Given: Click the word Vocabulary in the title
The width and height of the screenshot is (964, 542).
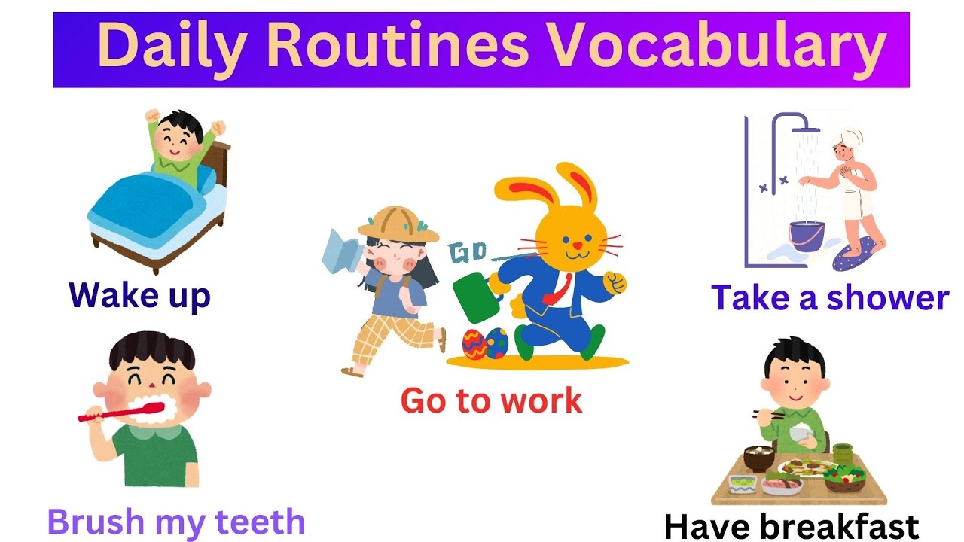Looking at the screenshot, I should [715, 47].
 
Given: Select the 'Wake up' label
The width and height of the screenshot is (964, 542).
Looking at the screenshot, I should [139, 294].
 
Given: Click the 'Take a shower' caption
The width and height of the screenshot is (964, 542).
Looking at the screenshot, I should [829, 297].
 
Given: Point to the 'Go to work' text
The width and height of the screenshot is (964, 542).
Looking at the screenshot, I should [491, 400].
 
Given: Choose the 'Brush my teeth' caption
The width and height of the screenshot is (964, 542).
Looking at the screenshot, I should [176, 521].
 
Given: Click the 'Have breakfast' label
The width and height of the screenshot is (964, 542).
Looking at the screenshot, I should [791, 526].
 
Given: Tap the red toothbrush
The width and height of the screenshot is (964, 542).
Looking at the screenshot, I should [120, 411].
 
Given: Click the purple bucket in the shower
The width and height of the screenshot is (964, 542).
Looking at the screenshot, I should [807, 236].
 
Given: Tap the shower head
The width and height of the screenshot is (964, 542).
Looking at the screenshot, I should [807, 129].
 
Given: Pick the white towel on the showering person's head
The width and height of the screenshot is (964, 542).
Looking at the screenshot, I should [848, 140].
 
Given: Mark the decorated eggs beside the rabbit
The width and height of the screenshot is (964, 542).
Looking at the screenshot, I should [485, 343].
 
